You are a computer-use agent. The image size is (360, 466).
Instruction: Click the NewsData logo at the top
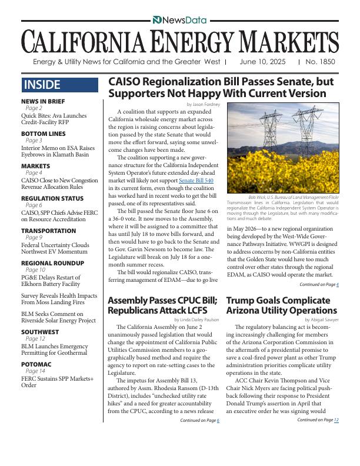[179, 20]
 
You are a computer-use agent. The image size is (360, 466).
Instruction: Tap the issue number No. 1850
[321, 61]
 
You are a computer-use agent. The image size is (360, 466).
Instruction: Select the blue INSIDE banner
[59, 85]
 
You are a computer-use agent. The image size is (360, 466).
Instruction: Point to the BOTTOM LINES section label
[42, 134]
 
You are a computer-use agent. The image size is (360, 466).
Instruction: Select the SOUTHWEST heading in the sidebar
[41, 332]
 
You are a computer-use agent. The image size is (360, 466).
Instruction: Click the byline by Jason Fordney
[202, 104]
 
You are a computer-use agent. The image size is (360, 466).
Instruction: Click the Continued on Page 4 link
[319, 284]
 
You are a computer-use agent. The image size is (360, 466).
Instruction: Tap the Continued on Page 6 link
[199, 420]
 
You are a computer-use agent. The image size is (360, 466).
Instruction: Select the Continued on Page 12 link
[318, 420]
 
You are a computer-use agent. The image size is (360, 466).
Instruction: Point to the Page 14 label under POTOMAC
[35, 371]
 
